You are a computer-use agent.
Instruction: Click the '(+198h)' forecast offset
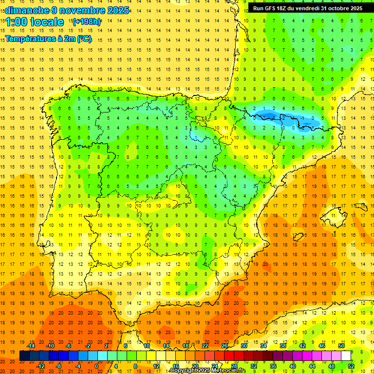86,22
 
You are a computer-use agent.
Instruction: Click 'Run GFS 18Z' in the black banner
272,8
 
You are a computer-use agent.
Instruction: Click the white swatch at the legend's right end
346,356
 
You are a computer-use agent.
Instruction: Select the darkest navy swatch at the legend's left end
24,356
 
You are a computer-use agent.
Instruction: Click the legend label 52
351,366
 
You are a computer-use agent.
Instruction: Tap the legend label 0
97,366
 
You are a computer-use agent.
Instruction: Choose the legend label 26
224,346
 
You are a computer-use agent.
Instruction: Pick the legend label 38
282,346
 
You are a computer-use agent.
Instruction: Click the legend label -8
58,366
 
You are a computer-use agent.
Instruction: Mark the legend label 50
341,346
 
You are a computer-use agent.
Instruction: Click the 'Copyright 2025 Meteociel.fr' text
207,371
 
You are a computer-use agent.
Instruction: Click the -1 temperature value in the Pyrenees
302,118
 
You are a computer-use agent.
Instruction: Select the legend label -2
88,346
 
